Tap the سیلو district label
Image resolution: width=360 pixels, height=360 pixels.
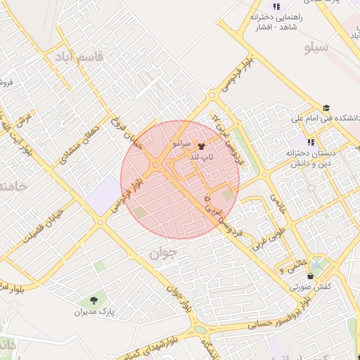(317, 48)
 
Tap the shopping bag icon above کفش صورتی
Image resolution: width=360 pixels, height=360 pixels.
(310, 276)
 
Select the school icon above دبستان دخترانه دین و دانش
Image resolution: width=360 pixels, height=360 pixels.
(311, 142)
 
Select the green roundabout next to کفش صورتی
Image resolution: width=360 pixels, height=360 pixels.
(318, 266)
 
